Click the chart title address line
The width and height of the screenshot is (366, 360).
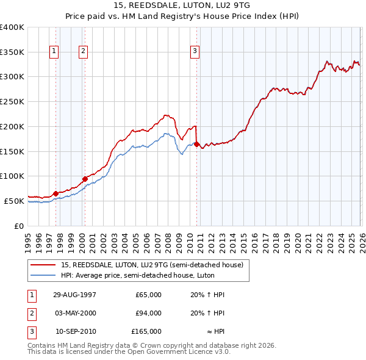pyautogui.click(x=182, y=5)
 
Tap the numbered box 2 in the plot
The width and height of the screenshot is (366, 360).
pyautogui.click(x=82, y=52)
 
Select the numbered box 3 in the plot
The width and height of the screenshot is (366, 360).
pyautogui.click(x=195, y=52)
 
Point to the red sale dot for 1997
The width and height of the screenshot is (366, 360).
pyautogui.click(x=56, y=193)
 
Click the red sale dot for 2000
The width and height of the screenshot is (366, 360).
pyautogui.click(x=85, y=179)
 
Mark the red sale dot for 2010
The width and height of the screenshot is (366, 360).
pyautogui.click(x=196, y=144)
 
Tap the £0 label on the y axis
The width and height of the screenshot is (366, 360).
pyautogui.click(x=18, y=226)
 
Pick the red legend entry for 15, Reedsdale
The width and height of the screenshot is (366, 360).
pyautogui.click(x=152, y=265)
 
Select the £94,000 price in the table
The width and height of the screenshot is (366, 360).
pyautogui.click(x=148, y=313)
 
